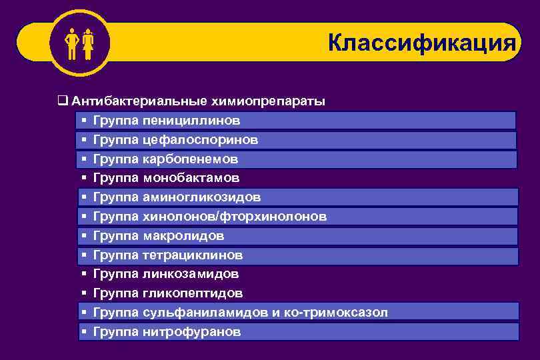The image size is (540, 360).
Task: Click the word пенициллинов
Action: (191, 121)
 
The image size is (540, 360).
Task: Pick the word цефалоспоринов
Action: (200, 140)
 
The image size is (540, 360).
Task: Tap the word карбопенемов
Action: (190, 159)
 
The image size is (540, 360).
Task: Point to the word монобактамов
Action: (191, 178)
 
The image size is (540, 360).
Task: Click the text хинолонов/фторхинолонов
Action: (235, 217)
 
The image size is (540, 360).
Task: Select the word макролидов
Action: (183, 236)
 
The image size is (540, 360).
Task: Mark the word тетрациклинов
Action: (193, 255)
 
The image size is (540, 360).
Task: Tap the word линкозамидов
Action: (190, 274)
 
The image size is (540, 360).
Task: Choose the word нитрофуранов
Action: (191, 331)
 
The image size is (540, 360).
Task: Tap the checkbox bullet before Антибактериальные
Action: (62, 102)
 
